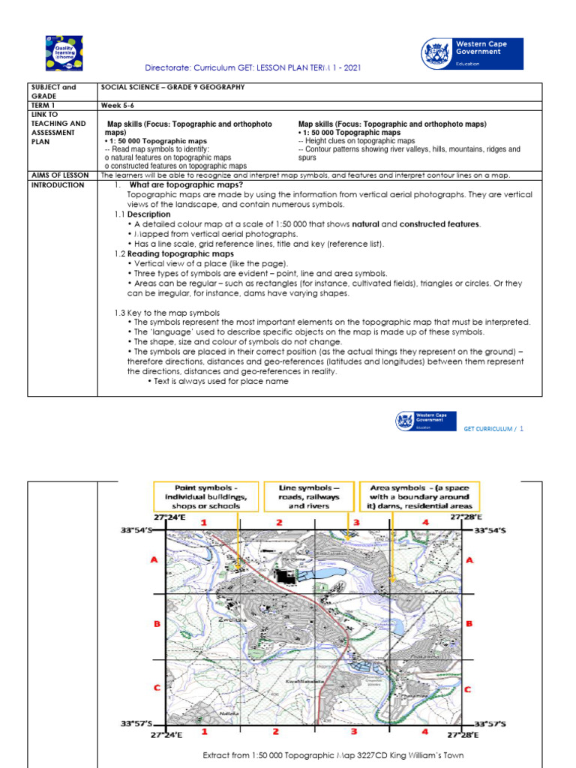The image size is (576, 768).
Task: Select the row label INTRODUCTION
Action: coord(58,185)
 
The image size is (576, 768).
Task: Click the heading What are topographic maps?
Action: coord(186,184)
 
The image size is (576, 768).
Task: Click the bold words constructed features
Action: coord(439,224)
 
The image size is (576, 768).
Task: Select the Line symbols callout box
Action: coord(308,496)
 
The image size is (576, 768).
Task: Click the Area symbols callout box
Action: coord(419,496)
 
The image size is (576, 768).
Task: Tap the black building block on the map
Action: coord(286,575)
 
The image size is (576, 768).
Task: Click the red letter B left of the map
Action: coord(155,623)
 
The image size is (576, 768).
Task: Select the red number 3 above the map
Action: coord(357,522)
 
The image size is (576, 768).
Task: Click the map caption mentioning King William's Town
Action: coord(334,755)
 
